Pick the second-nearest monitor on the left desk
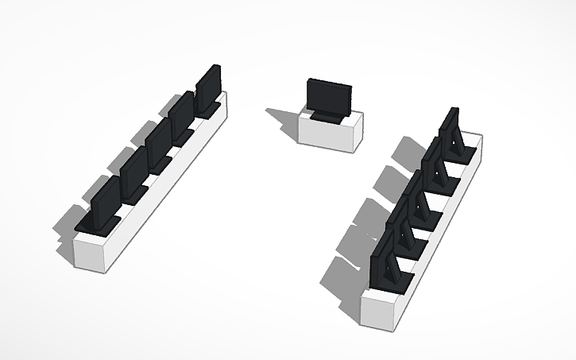point(132,172)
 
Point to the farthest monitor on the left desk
point(208,87)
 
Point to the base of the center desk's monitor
point(327,118)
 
